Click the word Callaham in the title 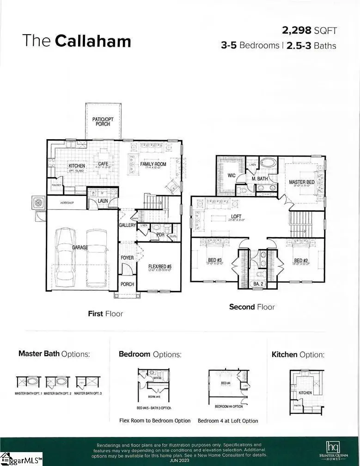pos(93,41)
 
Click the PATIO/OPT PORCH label pos(103,122)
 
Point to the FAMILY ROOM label pos(153,164)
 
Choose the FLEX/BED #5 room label pos(160,266)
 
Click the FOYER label pos(127,258)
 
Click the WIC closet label pos(232,176)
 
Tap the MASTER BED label pos(301,182)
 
